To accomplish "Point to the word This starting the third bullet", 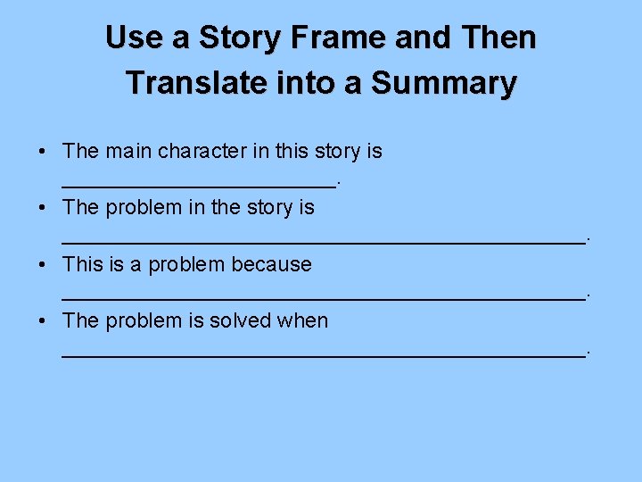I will click(83, 264).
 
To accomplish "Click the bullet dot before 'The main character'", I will click(44, 152).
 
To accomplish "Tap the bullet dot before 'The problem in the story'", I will click(44, 208).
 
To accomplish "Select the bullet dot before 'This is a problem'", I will click(44, 265).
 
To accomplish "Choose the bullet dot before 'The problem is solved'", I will click(44, 321).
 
